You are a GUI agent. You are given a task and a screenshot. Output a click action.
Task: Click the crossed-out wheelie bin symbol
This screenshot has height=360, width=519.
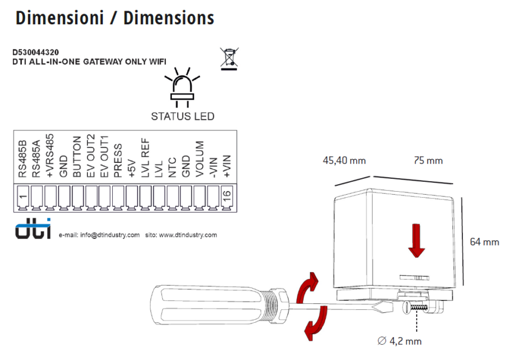click(x=229, y=59)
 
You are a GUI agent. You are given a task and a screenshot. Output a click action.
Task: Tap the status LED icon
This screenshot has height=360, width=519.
click(x=182, y=88)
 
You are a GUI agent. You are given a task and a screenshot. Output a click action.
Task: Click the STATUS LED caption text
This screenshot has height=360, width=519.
click(x=182, y=116)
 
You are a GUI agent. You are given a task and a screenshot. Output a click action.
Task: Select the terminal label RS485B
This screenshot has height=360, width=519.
click(x=22, y=159)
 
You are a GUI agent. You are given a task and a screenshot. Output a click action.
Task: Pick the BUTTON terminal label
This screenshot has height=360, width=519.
click(x=77, y=157)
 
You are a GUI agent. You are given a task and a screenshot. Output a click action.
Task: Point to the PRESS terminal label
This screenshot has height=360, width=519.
click(x=118, y=161)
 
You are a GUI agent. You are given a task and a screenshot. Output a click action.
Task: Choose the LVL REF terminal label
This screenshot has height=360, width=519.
click(x=145, y=158)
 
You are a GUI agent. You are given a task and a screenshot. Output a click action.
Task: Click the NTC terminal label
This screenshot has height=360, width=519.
click(x=172, y=168)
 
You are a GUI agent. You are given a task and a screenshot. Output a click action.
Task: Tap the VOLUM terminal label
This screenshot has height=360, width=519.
click(x=200, y=159)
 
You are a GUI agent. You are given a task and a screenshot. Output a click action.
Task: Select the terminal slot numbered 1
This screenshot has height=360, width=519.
click(x=23, y=198)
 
